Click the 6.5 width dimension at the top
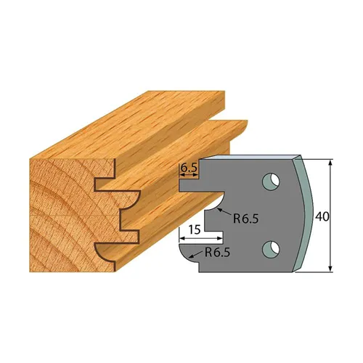pyautogui.click(x=189, y=166)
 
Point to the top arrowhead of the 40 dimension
pyautogui.click(x=330, y=161)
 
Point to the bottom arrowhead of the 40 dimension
pyautogui.click(x=330, y=268)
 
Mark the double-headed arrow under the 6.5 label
pyautogui.click(x=189, y=175)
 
